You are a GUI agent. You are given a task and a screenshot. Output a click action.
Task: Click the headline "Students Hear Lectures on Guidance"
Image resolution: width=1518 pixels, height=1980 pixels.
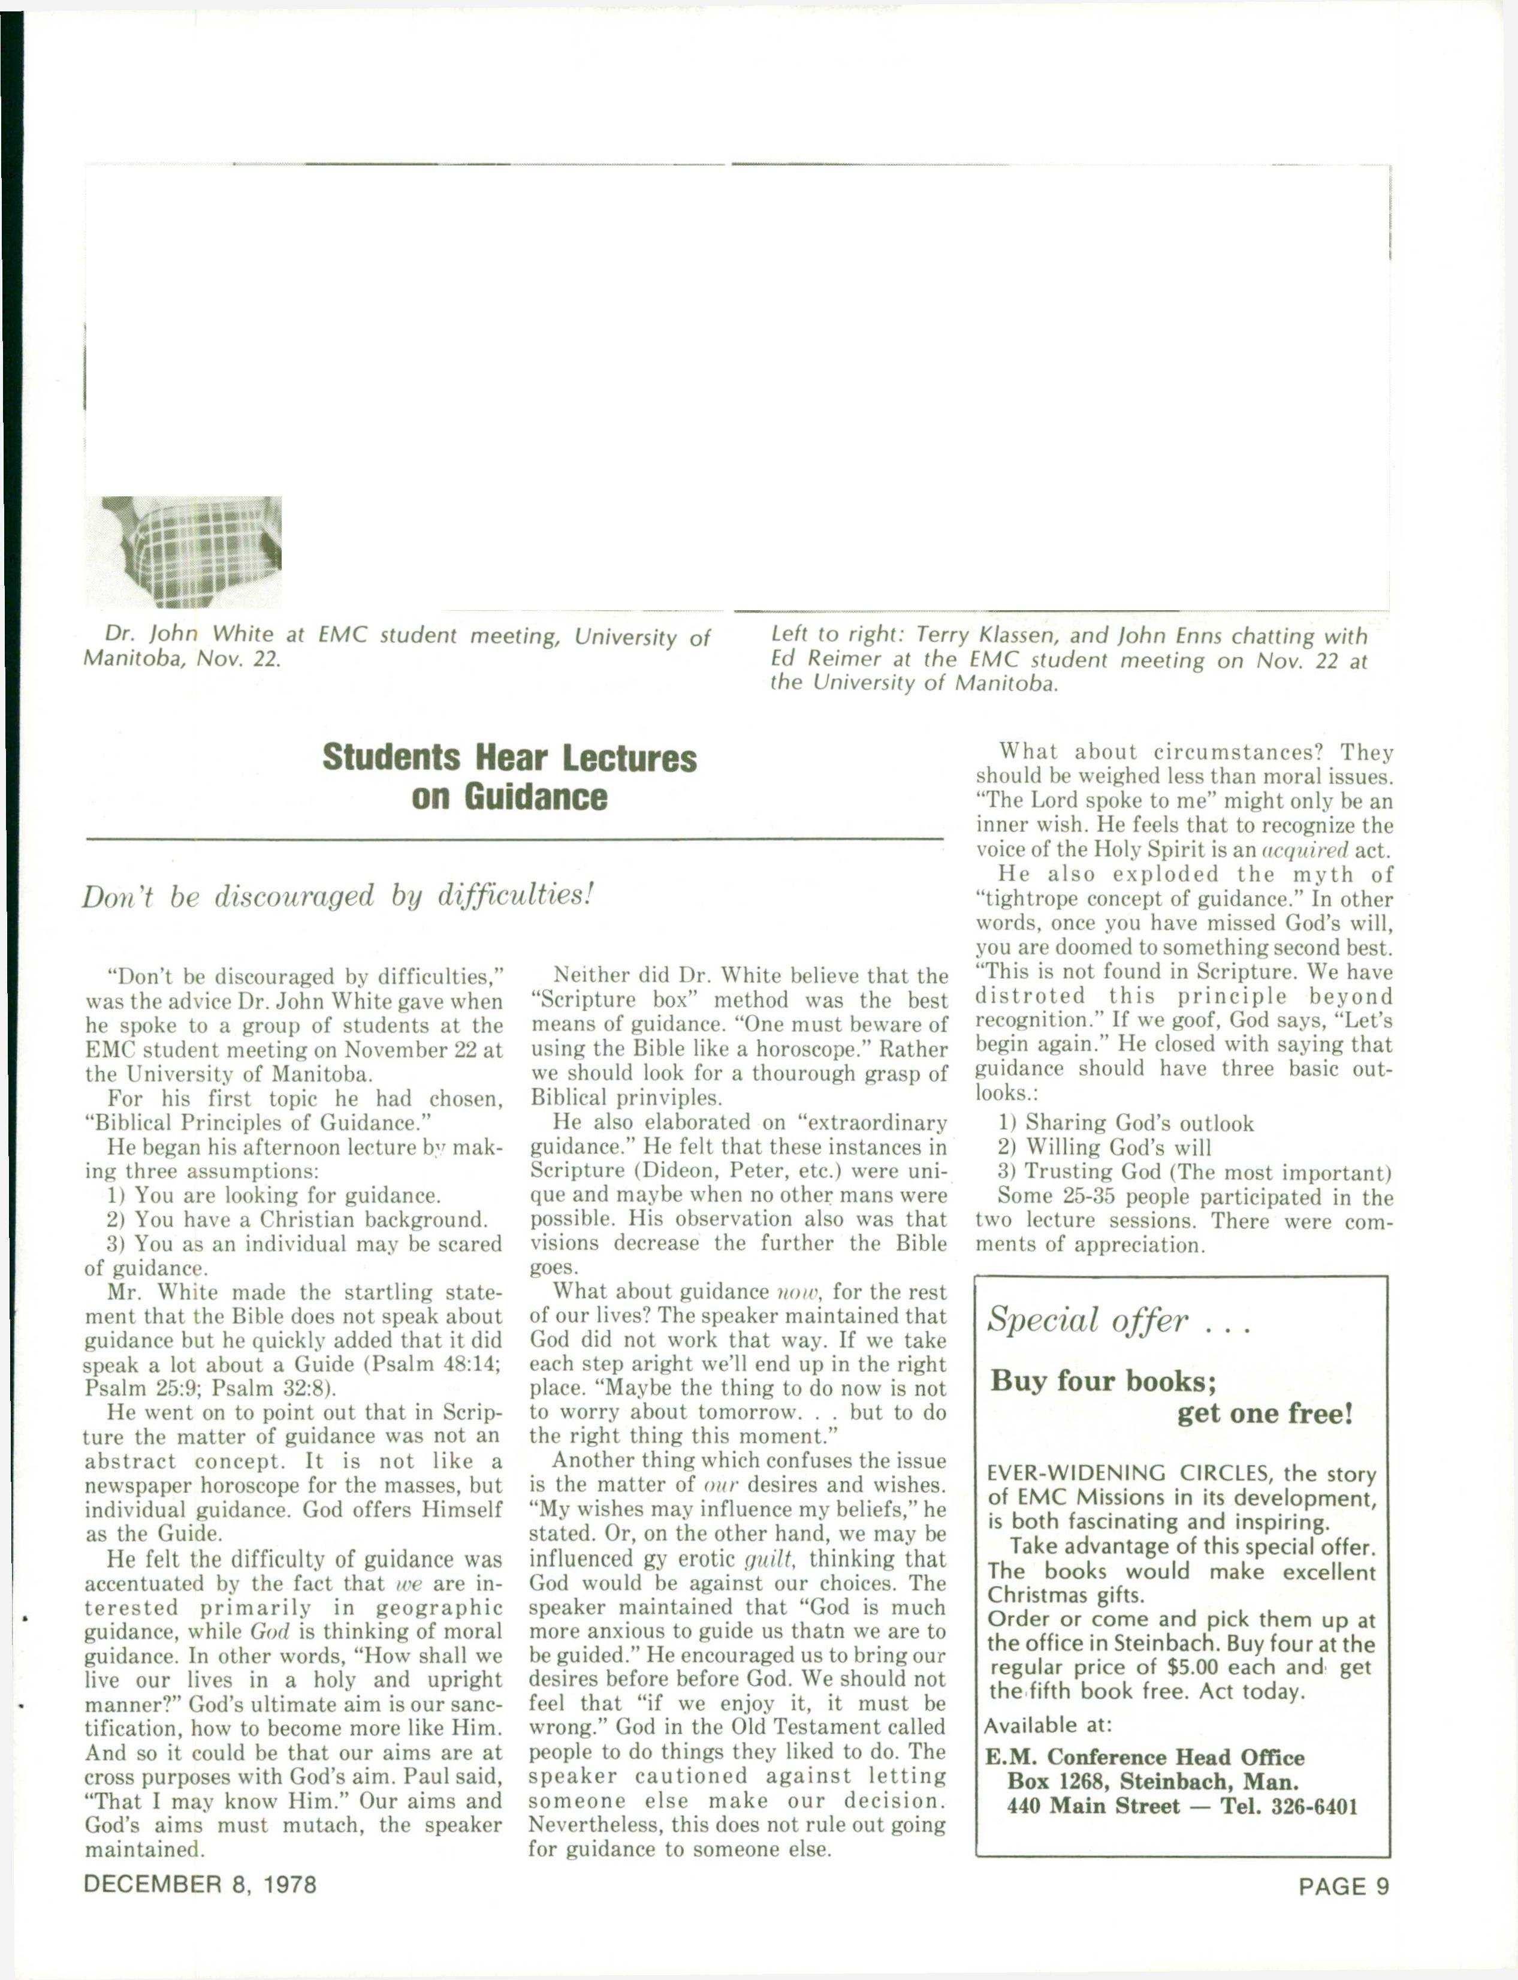point(509,777)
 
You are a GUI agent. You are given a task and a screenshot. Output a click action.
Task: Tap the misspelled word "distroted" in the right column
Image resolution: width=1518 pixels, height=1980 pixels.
point(1030,997)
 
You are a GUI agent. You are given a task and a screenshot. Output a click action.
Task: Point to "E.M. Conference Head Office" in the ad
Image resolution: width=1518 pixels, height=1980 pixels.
point(1145,1758)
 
